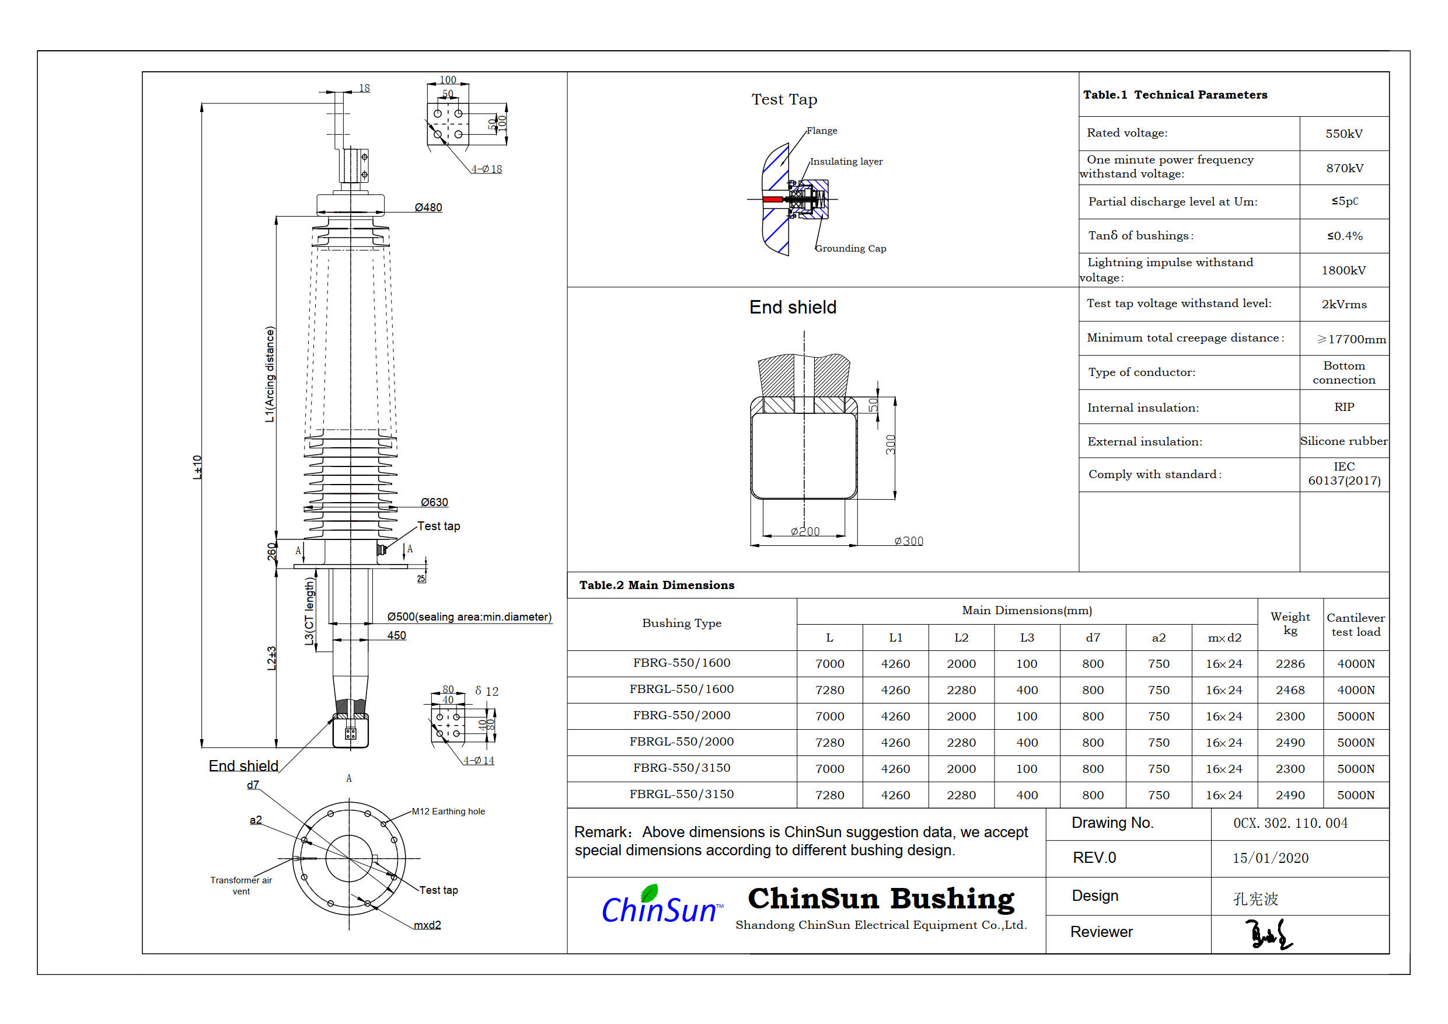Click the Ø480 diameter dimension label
428,208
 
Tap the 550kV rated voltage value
1344,134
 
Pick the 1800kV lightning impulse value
1344,271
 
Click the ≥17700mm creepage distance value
1351,339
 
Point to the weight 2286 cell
1290,664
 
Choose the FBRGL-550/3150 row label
681,795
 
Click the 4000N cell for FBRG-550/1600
1355,664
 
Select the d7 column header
1093,638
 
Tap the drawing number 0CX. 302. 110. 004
1290,823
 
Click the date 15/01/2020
1270,858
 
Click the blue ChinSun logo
659,907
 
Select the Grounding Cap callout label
850,249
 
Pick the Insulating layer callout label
846,162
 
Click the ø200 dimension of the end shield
805,532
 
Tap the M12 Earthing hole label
448,811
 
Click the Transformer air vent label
241,886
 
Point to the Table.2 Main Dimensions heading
657,586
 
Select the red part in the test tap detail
772,200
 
